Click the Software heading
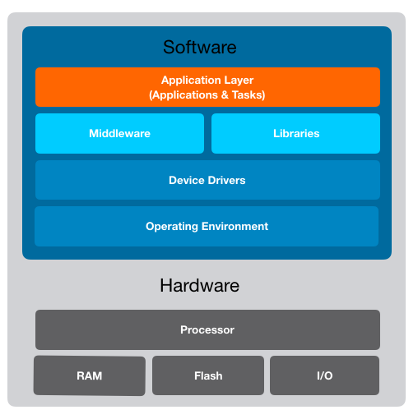[x=199, y=47]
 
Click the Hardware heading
[x=199, y=286]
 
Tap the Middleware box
[x=119, y=133]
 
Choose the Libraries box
[x=295, y=133]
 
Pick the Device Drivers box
[x=207, y=180]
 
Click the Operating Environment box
[x=207, y=226]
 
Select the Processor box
[x=207, y=329]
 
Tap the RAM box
[x=89, y=375]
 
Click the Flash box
[x=208, y=375]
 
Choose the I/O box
[x=324, y=375]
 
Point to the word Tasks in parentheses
[x=247, y=95]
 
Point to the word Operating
[x=170, y=226]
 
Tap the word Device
[x=185, y=180]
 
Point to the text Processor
[x=207, y=329]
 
